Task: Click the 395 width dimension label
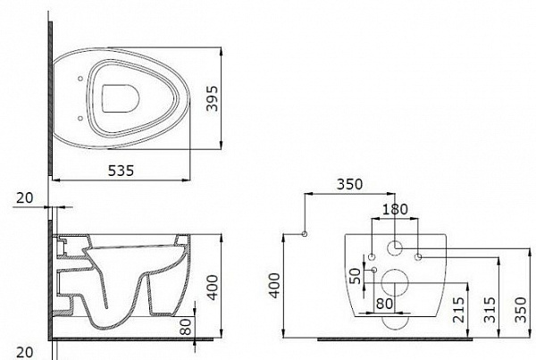pyautogui.click(x=212, y=98)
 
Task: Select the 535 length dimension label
pyautogui.click(x=121, y=171)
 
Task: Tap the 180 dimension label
pyautogui.click(x=395, y=209)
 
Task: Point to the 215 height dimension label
pyautogui.click(x=458, y=310)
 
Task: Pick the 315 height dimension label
pyautogui.click(x=490, y=310)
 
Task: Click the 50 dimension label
pyautogui.click(x=356, y=276)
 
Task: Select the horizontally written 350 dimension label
pyautogui.click(x=349, y=184)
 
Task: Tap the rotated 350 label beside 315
pyautogui.click(x=521, y=310)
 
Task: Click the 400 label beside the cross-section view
pyautogui.click(x=213, y=288)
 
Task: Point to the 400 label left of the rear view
pyautogui.click(x=274, y=286)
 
